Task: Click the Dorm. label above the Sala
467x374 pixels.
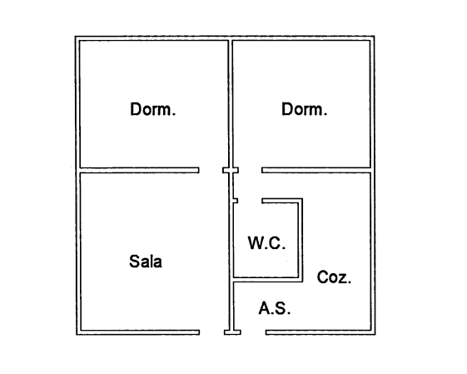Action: (153, 109)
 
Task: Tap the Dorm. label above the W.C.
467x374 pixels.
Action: (304, 109)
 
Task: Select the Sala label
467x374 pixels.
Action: (146, 262)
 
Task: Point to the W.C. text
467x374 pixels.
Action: (266, 243)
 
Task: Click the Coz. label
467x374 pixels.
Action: (334, 277)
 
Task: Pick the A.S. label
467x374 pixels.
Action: (275, 308)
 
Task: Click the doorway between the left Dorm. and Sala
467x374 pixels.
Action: (211, 170)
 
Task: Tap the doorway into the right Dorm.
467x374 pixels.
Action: (250, 170)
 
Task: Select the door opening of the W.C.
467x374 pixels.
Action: (250, 201)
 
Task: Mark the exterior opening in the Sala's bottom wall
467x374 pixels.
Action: (211, 332)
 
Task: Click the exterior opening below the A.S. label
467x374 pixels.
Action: (253, 332)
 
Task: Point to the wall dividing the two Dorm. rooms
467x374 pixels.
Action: (231, 104)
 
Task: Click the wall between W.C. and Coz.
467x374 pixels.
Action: (301, 240)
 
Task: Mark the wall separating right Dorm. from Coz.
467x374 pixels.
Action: (316, 170)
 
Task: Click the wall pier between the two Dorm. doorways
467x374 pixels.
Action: (231, 170)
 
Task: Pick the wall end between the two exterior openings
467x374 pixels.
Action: (232, 332)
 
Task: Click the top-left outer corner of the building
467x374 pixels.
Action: (76, 37)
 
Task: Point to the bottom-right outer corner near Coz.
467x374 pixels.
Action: (375, 335)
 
